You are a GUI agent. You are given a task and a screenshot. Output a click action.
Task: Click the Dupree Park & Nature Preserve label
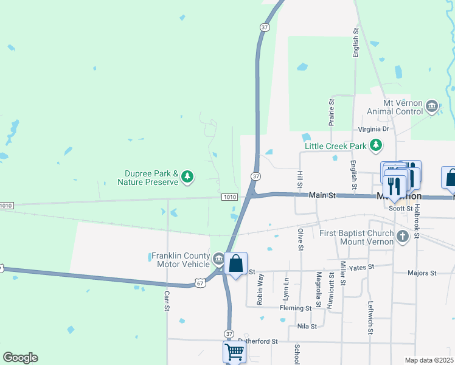(x=148, y=178)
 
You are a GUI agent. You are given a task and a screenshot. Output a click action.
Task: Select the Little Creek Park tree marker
(x=377, y=145)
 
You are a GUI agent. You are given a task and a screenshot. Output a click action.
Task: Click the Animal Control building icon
(x=432, y=107)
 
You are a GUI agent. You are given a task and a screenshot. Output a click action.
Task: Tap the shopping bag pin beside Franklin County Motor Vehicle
(x=236, y=265)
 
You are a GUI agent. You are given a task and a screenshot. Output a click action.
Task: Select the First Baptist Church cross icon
(x=402, y=235)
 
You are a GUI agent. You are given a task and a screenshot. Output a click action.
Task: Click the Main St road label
(x=322, y=195)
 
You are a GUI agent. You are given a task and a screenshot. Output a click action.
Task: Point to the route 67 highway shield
(x=200, y=282)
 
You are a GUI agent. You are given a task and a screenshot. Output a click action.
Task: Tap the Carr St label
(x=167, y=301)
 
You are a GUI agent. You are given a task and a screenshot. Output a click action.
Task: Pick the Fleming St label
(x=296, y=308)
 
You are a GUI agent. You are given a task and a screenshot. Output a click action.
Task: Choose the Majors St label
(x=422, y=273)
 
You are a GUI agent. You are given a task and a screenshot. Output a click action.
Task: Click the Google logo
(x=20, y=358)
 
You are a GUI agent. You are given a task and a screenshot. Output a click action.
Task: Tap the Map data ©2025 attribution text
(x=429, y=360)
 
